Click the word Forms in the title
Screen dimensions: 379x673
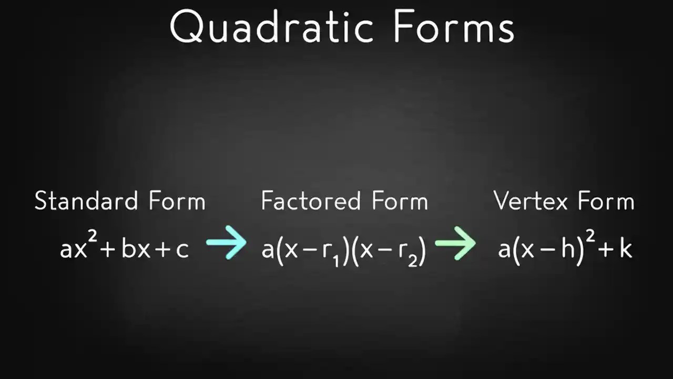[x=454, y=27]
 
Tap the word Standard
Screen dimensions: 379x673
[x=86, y=201]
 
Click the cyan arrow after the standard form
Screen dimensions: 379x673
[x=226, y=243]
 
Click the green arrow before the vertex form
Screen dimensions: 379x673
[x=455, y=243]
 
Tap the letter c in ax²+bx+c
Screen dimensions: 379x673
[x=182, y=249]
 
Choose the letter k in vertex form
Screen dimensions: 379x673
[x=625, y=247]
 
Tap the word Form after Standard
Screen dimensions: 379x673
[x=177, y=201]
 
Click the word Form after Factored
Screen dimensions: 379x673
[x=400, y=201]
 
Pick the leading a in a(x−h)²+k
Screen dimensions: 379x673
[x=504, y=249]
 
